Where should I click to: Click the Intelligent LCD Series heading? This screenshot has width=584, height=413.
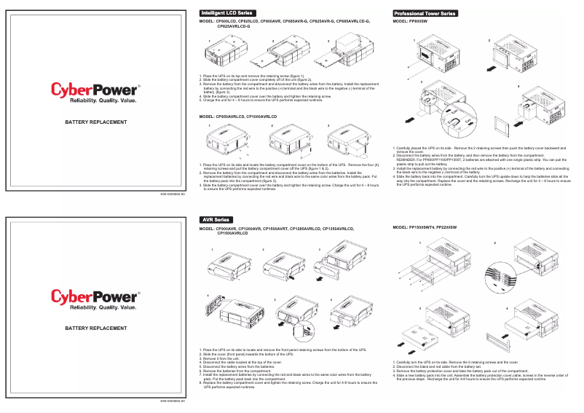click(226, 13)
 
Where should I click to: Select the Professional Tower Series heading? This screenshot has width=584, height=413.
click(425, 13)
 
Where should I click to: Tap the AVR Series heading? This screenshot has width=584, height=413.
click(216, 219)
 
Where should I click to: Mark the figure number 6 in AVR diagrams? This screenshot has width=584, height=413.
click(321, 299)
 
